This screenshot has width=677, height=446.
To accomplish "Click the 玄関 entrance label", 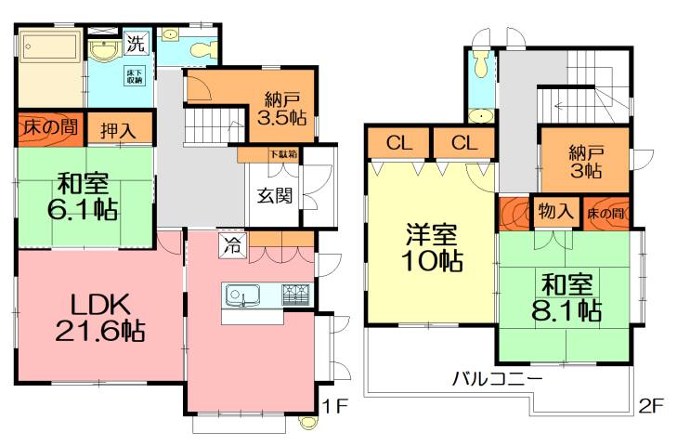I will point(275,196).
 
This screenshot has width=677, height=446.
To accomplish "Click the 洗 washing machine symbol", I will point(136,42).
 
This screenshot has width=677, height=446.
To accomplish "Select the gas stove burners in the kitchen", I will point(295,296).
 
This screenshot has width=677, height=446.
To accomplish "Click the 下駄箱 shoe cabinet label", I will point(283,154).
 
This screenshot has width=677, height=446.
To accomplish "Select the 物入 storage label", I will point(555,212).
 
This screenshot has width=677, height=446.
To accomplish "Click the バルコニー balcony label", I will point(497,379).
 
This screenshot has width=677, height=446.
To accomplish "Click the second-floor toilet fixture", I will point(479,64).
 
